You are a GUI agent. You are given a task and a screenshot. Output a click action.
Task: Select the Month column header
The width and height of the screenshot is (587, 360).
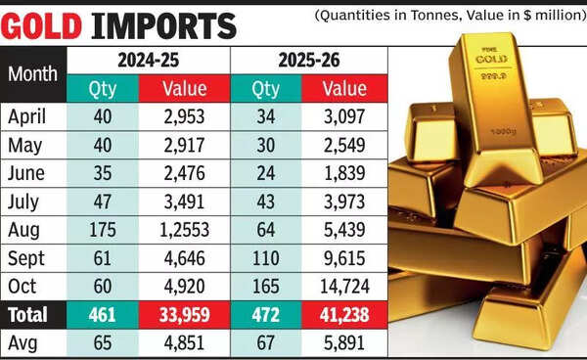click(32, 73)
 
